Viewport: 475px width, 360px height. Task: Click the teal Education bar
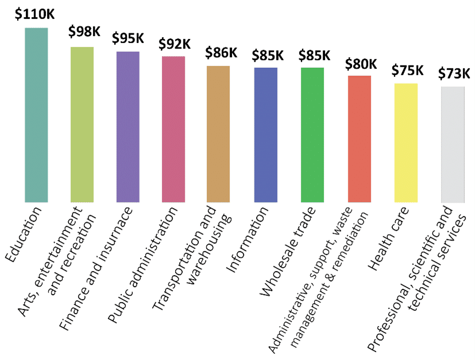tap(36, 115)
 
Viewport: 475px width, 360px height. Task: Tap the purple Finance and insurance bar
tap(128, 127)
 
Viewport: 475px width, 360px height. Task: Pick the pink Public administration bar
tap(173, 129)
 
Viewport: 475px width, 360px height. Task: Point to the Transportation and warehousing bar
tap(218, 134)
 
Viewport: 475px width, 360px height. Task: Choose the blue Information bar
tap(265, 135)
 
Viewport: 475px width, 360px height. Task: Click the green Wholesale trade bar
tap(312, 135)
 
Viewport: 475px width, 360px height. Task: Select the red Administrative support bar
tap(360, 139)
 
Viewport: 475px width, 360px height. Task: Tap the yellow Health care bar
tap(406, 143)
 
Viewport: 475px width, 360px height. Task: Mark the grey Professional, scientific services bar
tap(453, 145)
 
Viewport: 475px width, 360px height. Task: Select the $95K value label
tap(128, 38)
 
